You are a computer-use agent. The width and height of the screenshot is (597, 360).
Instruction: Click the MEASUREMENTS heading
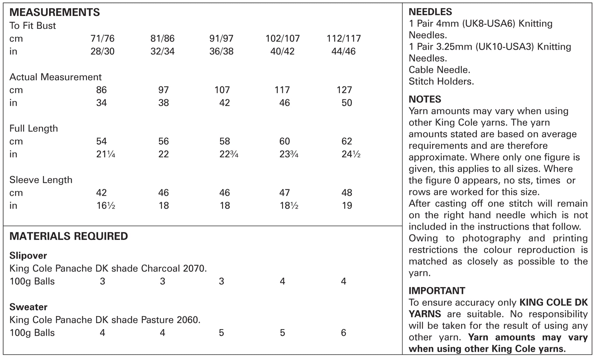coord(55,12)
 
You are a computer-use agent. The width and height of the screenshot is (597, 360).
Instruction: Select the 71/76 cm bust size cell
coord(102,38)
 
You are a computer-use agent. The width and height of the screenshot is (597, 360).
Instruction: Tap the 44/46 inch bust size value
coord(343,52)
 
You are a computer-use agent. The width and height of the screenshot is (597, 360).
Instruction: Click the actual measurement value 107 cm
coord(222,90)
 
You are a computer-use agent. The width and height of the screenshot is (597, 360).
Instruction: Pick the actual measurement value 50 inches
coord(347,103)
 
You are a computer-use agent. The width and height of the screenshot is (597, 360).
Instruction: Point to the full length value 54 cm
coord(101,141)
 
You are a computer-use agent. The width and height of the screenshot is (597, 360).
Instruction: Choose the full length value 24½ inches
coord(351,154)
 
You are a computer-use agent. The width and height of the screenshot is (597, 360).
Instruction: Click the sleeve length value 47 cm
coord(285,193)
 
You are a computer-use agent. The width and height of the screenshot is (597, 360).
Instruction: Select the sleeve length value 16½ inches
coord(106,206)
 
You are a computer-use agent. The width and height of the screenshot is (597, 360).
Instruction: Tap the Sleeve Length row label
coord(41,180)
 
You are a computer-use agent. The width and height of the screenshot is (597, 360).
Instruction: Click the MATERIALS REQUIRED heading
coord(69,236)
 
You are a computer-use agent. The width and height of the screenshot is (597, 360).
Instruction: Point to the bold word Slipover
coord(28,256)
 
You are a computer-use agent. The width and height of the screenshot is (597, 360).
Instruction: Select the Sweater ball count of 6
coord(343,333)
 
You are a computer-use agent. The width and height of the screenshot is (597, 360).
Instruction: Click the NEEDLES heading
coord(430,12)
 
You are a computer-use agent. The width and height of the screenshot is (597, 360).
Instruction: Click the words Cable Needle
coord(439,70)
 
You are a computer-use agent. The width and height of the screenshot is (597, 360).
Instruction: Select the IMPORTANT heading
coord(437,291)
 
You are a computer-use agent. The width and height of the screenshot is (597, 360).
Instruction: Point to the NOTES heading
coord(425,99)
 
